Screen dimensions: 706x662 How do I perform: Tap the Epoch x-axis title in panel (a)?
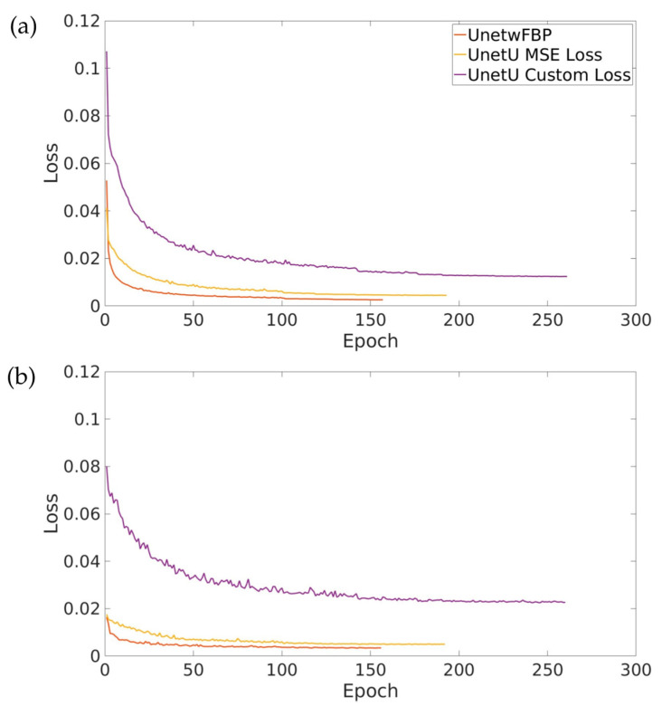click(x=369, y=342)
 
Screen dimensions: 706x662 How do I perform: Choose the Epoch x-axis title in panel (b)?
click(x=369, y=692)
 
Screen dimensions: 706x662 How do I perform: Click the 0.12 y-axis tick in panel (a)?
click(x=78, y=22)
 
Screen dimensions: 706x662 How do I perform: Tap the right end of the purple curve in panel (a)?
click(x=566, y=276)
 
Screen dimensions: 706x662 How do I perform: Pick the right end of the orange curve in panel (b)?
click(x=380, y=647)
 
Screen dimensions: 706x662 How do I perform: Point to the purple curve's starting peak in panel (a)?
click(x=106, y=52)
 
